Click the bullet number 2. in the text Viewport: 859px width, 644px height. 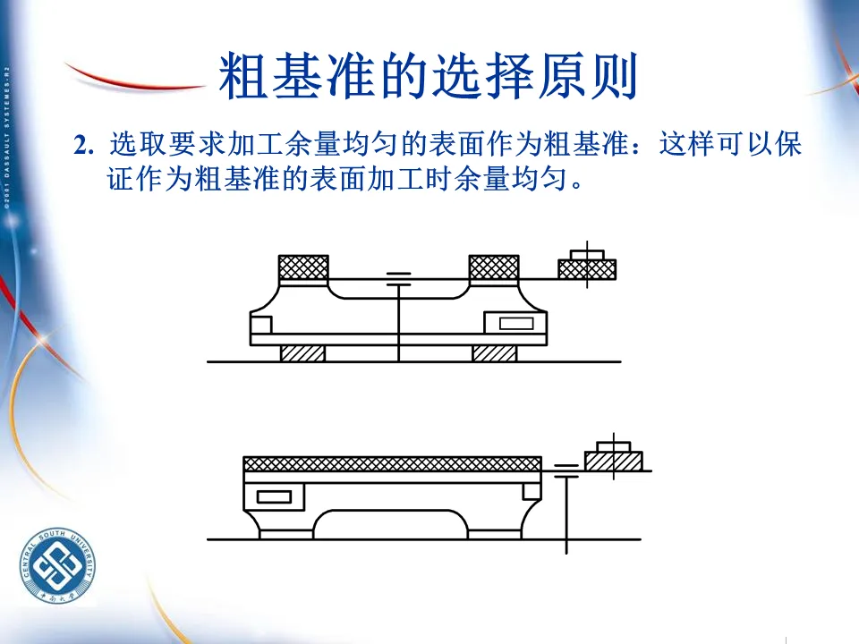85,146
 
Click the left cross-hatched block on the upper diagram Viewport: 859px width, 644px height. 303,267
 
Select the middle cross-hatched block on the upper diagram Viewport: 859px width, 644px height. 494,267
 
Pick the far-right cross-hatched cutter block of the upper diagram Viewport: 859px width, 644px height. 587,268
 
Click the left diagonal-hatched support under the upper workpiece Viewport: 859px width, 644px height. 302,353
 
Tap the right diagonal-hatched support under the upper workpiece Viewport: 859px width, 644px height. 494,353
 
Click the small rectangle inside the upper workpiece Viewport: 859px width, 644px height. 516,323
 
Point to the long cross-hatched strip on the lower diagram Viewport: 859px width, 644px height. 392,463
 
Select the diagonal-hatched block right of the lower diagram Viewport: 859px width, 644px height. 614,461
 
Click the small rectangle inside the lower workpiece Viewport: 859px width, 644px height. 274,496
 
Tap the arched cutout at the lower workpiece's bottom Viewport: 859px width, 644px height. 392,524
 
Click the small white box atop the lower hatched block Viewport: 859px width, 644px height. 614,445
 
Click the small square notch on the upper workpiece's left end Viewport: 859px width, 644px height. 260,324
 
